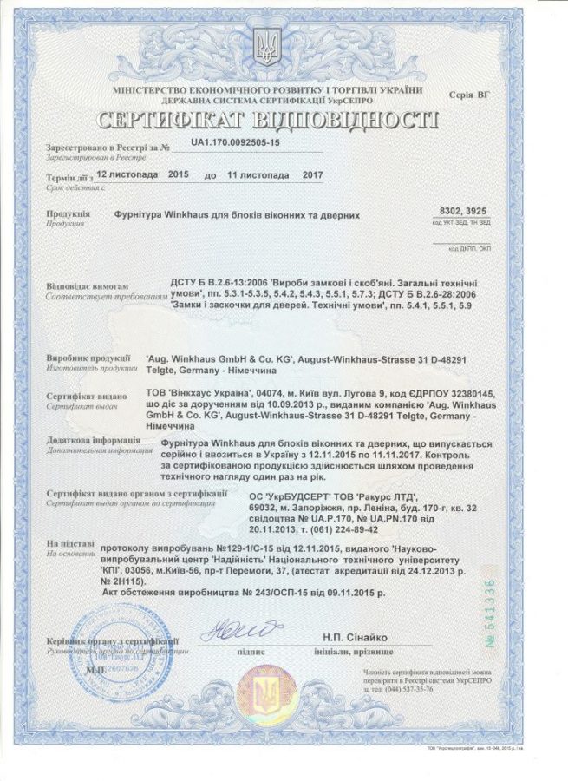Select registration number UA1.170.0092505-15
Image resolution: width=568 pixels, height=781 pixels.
(x=236, y=141)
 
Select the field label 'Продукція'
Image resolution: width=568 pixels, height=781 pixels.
(x=68, y=213)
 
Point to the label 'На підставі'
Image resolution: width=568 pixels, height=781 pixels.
(x=66, y=542)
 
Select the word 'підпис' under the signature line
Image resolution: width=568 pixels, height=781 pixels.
(x=251, y=650)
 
